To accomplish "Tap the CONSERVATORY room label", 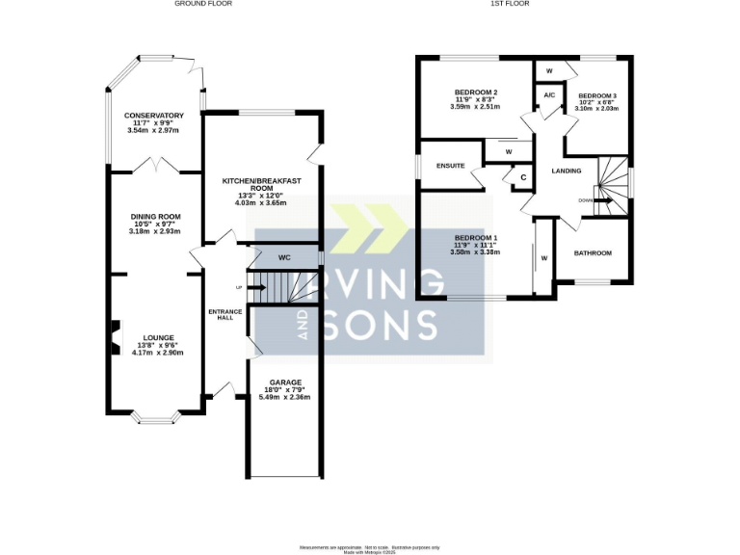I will (154, 116).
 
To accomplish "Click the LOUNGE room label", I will (158, 338).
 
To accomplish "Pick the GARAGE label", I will (286, 382).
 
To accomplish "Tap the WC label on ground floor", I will (284, 257).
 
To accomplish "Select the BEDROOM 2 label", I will (475, 92).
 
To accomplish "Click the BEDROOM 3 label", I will (597, 95).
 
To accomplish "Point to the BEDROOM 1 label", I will (475, 237).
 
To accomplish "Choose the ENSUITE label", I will (450, 166).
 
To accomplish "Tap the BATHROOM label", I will (593, 253).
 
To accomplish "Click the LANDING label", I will (566, 172).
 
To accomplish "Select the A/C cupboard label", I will (549, 95).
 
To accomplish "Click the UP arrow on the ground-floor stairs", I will (256, 287).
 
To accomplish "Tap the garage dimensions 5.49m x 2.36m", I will (286, 397).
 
